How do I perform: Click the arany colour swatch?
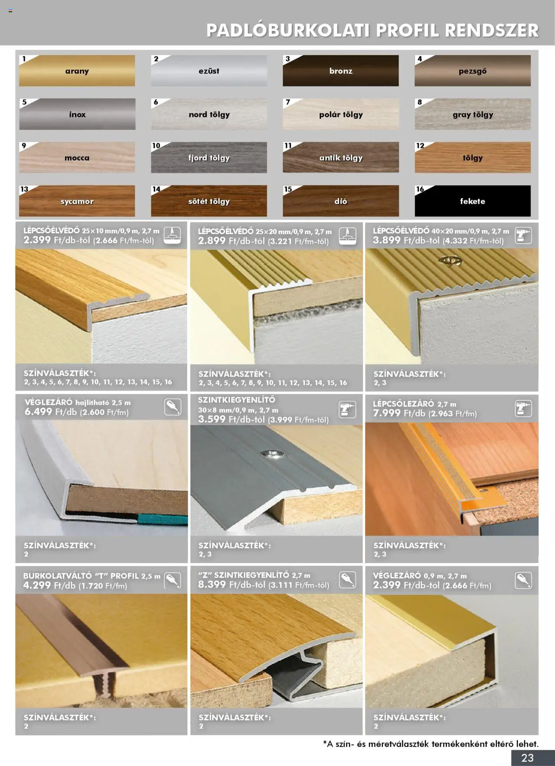coord(77,71)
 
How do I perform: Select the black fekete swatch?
coord(473,201)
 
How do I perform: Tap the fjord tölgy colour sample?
coord(209,157)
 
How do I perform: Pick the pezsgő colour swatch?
coord(473,71)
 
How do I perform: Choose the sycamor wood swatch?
coord(77,201)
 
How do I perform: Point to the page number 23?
coord(527,758)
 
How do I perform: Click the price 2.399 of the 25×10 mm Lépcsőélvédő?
coord(37,240)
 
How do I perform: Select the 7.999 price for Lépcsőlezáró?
coord(387,413)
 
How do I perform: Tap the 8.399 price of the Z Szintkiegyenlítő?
coord(212,584)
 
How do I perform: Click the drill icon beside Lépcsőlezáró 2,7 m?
coord(523,409)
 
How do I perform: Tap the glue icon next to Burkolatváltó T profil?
coord(172,580)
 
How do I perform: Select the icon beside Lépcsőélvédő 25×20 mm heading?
coord(347,236)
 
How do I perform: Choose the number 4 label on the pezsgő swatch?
coord(419,59)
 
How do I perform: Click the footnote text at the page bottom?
coord(431,744)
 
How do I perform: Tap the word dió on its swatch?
coord(341,201)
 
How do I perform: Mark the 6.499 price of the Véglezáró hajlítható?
coord(38,412)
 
